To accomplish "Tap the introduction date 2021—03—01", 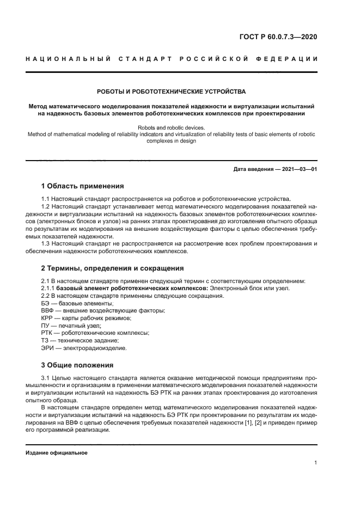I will pos(298,169).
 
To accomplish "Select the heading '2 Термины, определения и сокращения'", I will pos(113,268).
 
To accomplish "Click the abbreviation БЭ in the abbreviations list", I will pos(46,303).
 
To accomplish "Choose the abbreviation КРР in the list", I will pos(48,318).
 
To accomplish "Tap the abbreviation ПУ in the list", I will pos(46,326).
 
